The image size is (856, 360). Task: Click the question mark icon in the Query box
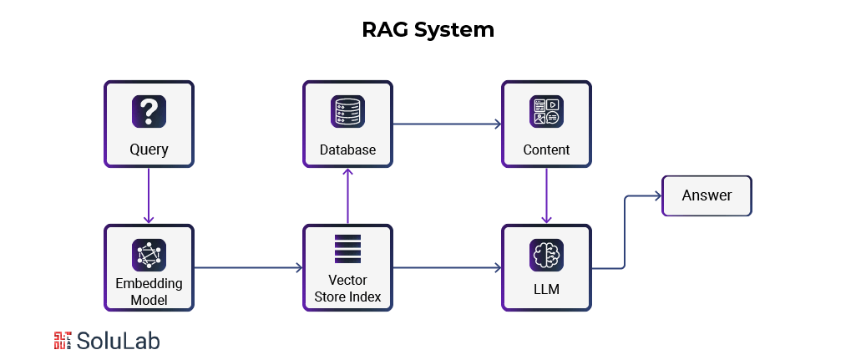(149, 111)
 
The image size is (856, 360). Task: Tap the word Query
(149, 150)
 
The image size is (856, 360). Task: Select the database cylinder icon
(347, 111)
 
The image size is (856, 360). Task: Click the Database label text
(347, 150)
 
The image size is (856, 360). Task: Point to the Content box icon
(546, 111)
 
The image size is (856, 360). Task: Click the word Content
(546, 150)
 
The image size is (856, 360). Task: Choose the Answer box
(707, 195)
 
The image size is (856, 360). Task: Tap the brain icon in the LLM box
(546, 255)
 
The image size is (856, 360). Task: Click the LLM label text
(546, 290)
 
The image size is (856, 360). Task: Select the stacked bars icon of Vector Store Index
(347, 249)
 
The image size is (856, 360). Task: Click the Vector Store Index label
(347, 288)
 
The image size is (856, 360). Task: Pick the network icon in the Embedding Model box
(149, 254)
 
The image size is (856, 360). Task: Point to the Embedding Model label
(149, 291)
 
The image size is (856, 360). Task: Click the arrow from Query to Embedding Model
(149, 195)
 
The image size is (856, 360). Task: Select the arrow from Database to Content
(447, 124)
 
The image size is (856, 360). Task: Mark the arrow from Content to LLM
(546, 195)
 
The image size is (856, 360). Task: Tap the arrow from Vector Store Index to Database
(347, 195)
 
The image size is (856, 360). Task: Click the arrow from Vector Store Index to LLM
(447, 268)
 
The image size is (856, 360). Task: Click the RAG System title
(428, 30)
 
